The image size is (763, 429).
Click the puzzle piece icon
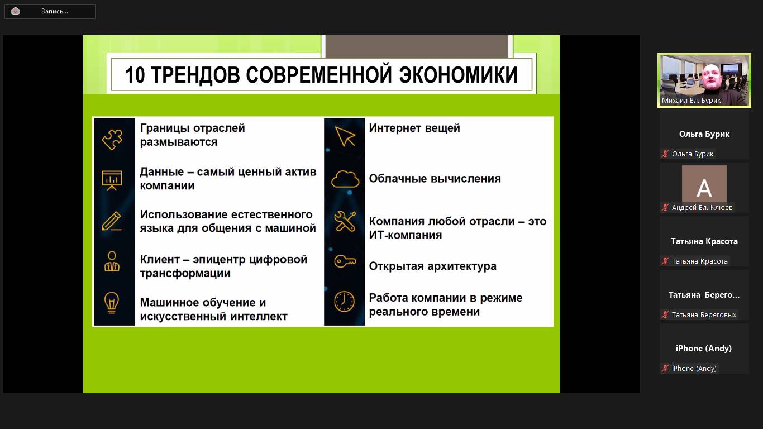click(112, 139)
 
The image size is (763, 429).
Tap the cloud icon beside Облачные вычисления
click(345, 179)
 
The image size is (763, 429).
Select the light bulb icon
click(111, 302)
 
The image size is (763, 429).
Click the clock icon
click(344, 302)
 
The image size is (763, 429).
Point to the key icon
click(345, 261)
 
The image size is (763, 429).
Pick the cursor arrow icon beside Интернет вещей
click(345, 136)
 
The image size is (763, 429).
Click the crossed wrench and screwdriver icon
click(345, 221)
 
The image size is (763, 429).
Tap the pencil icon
click(112, 221)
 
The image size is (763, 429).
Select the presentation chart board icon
click(112, 180)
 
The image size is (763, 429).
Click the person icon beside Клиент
click(112, 261)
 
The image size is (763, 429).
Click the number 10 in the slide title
click(135, 75)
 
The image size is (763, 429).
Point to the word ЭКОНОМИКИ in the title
click(458, 75)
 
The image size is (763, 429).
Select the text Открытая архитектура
click(432, 266)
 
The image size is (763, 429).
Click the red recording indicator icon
click(15, 11)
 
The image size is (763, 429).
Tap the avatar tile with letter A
click(704, 184)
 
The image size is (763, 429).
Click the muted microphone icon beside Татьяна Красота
click(665, 261)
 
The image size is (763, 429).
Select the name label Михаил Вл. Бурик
click(691, 101)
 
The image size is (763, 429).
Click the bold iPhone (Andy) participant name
click(704, 349)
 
